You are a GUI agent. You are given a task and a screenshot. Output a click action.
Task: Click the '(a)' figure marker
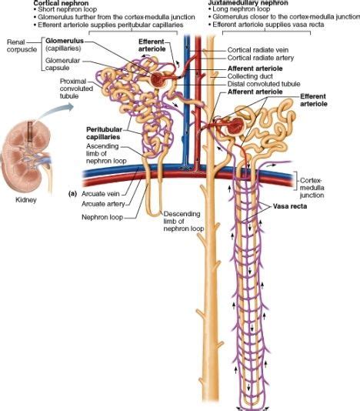click(73, 193)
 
